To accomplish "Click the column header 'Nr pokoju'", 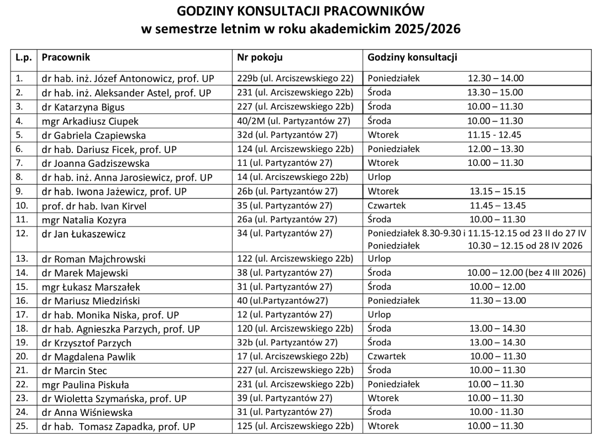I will click(260, 57).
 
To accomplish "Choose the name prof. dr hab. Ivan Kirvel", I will click(94, 206).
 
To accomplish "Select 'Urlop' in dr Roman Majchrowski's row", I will click(379, 258).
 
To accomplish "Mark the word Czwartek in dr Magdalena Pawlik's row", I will click(387, 356).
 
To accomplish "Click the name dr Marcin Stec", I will click(74, 371).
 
